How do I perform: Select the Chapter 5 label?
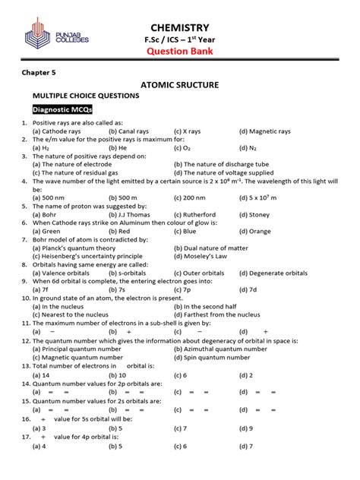coord(39,75)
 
